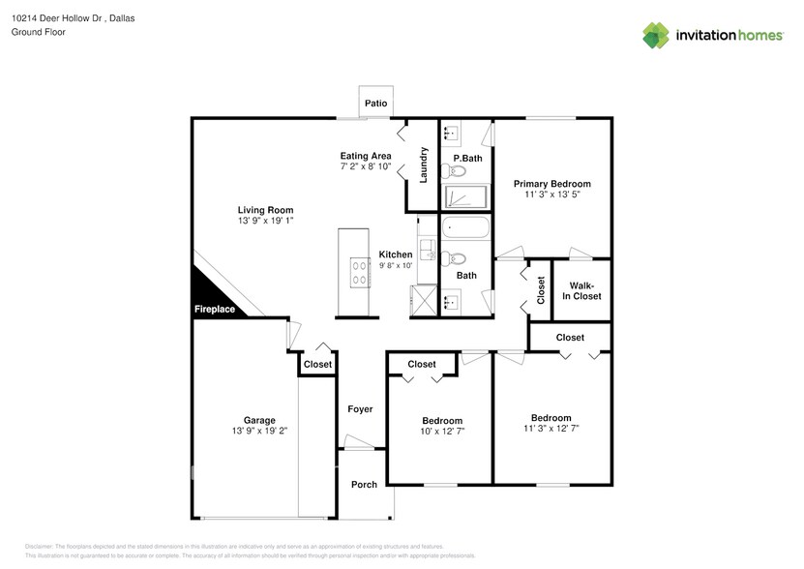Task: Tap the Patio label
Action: tap(375, 103)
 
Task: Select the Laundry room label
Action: tap(424, 165)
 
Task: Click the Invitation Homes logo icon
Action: tap(656, 35)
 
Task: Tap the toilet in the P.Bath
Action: tap(453, 172)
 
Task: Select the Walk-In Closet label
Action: tap(584, 290)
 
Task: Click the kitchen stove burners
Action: tap(359, 274)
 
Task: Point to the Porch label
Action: tap(364, 485)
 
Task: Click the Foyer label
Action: tap(360, 409)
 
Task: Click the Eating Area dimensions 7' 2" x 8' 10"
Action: tap(366, 166)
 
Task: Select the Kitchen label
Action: tap(396, 255)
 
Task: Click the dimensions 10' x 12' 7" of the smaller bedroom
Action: tap(441, 431)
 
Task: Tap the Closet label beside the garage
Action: tap(317, 365)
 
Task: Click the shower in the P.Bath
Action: tap(466, 197)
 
